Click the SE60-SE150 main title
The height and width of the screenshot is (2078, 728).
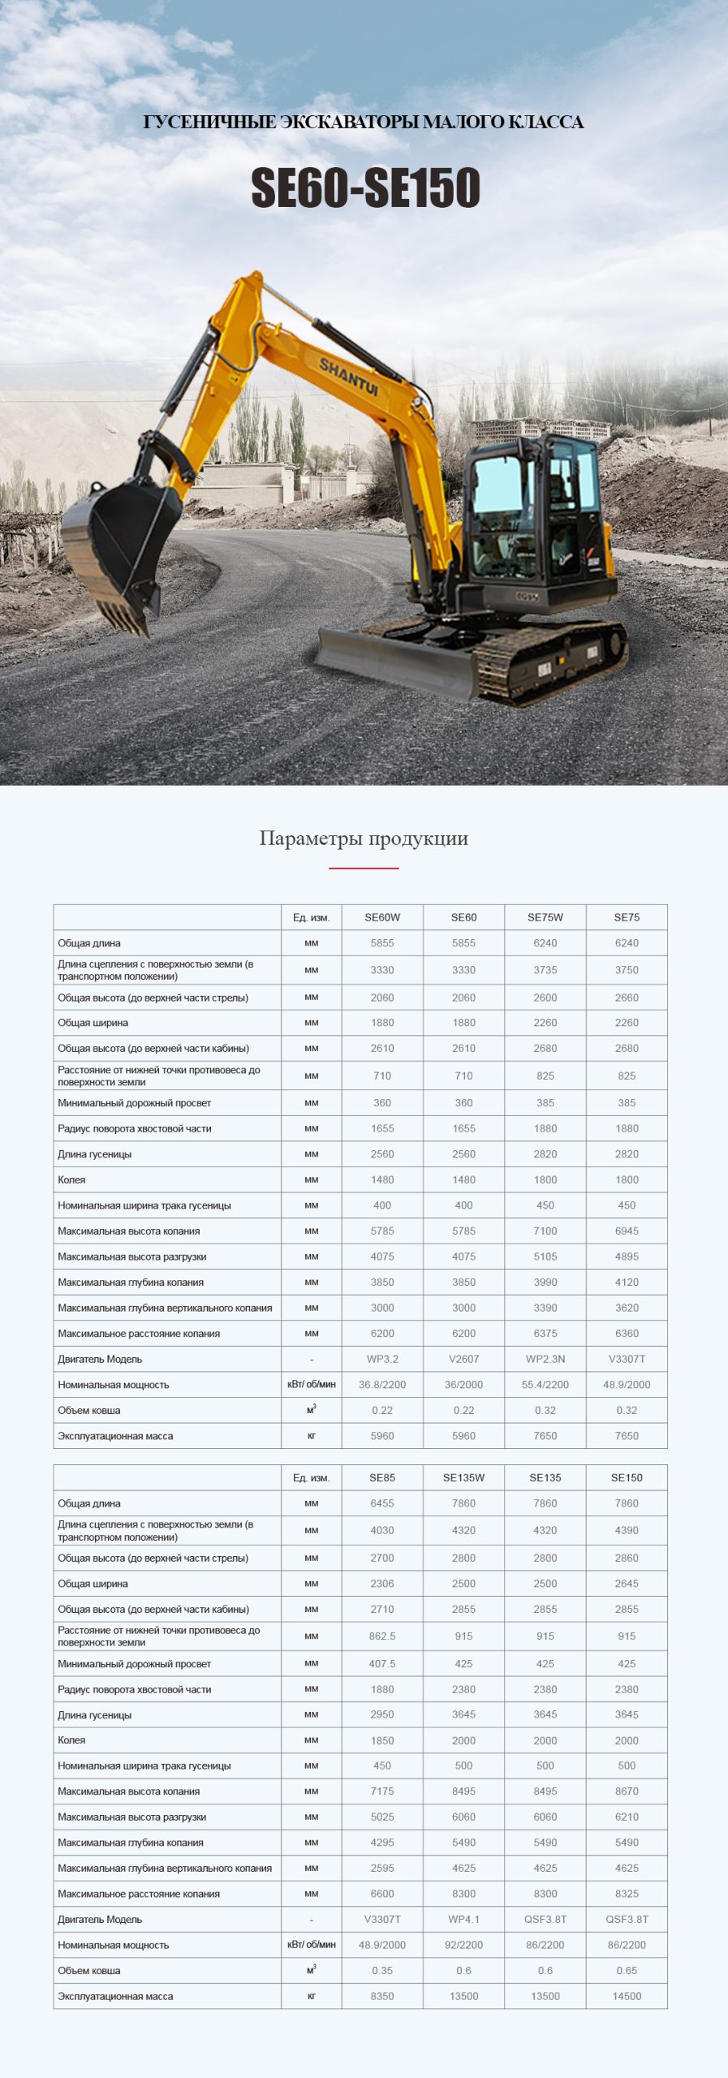coord(365,188)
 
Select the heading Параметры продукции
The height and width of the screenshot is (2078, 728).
coord(364,839)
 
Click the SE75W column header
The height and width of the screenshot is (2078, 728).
coord(545,917)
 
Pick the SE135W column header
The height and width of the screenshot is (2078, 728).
coord(463,1477)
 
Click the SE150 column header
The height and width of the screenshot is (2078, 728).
coord(627,1477)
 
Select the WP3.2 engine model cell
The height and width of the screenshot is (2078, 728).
coord(382,1359)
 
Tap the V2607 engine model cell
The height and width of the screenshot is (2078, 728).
coord(463,1359)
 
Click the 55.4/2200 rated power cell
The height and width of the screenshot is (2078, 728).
coord(545,1385)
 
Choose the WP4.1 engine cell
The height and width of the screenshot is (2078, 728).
coord(463,1919)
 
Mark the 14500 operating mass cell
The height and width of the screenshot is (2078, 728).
coord(627,1996)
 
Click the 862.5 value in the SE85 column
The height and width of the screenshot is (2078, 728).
coord(382,1636)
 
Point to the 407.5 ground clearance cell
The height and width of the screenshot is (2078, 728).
coord(382,1663)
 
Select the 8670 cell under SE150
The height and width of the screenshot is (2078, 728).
coord(627,1791)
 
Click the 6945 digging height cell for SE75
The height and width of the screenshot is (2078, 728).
coord(627,1231)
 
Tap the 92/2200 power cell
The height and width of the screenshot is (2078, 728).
coord(463,1945)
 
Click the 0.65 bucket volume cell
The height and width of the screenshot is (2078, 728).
coord(627,1970)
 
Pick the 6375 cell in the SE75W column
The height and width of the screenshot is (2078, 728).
coord(545,1333)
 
